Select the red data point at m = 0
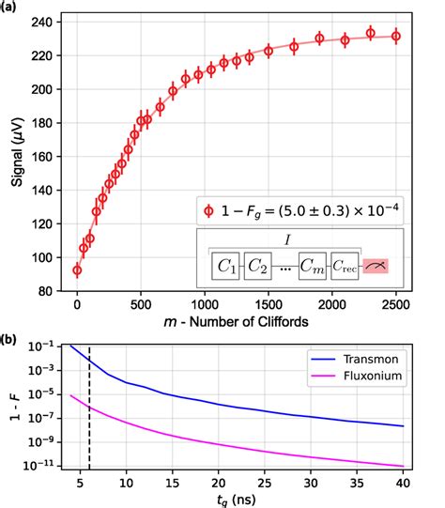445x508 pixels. tap(77, 269)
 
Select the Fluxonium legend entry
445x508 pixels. tap(376, 377)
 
